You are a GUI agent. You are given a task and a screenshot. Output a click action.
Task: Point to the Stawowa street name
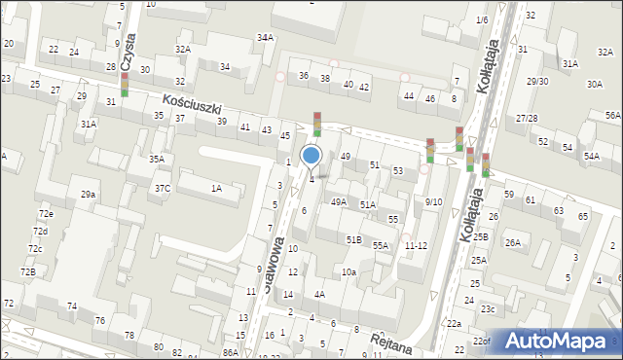[275, 264]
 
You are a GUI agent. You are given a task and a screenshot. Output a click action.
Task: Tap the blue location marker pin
[311, 157]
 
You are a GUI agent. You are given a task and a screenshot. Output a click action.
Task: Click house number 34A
[265, 37]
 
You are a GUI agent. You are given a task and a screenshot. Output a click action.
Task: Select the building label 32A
[182, 49]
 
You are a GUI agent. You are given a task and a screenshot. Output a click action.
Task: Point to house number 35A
[156, 159]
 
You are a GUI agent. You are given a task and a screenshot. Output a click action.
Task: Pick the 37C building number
[162, 188]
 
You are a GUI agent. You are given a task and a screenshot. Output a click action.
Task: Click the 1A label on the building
[216, 188]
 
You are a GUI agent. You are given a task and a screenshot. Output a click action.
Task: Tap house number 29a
[88, 195]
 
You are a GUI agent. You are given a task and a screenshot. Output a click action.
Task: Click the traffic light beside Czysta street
[124, 84]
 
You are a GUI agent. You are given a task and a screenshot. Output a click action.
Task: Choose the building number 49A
[338, 201]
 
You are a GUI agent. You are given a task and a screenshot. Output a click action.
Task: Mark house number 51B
[353, 238]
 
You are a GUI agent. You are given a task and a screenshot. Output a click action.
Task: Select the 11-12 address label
[416, 245]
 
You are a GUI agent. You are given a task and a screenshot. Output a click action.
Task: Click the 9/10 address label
[433, 201]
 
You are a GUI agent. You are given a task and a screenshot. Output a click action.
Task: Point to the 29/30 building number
[537, 81]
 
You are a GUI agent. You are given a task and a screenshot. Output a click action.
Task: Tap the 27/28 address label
[527, 118]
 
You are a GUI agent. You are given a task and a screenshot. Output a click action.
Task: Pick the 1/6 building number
[482, 20]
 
